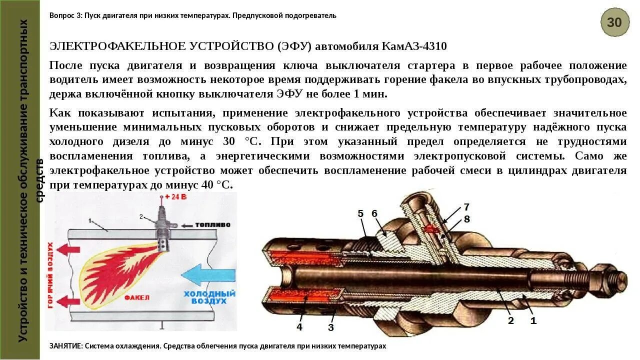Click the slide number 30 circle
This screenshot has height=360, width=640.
[x=614, y=22]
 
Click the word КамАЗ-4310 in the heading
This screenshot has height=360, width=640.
[x=414, y=46]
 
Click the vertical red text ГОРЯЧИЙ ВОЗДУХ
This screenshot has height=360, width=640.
[x=50, y=275]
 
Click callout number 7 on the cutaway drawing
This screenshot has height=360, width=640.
[x=466, y=207]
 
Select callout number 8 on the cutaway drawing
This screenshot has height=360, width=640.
[x=466, y=219]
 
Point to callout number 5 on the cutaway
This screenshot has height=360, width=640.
[x=361, y=214]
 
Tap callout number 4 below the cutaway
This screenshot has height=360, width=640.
[x=299, y=327]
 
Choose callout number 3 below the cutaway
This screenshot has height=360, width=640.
[x=330, y=328]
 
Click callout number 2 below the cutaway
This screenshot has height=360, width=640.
[x=510, y=321]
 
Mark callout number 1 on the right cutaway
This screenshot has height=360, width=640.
[x=533, y=321]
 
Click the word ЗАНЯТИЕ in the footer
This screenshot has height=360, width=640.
[x=66, y=346]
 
